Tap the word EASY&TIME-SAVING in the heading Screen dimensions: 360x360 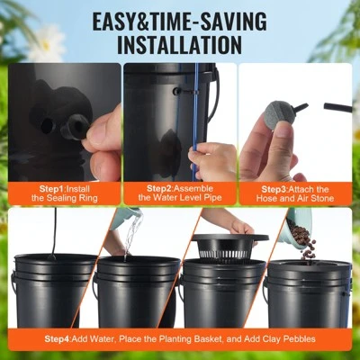click(180, 18)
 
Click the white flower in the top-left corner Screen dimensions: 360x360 click(45, 40)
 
